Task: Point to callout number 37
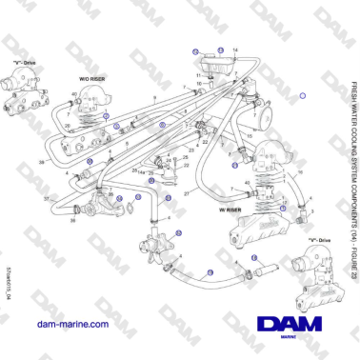click(x=47, y=198)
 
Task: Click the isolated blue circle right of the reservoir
click(x=302, y=95)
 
